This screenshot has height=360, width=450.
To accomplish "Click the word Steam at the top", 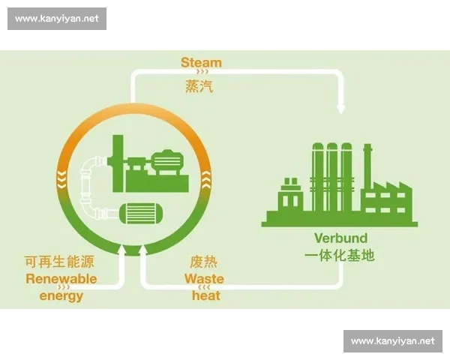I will [201, 62].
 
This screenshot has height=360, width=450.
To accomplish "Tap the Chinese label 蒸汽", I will [199, 87].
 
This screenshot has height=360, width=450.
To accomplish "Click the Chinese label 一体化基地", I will [339, 256].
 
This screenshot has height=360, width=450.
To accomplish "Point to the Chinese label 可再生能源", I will [61, 262].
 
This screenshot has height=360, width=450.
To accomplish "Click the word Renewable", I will [61, 279].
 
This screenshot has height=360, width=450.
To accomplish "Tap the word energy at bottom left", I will [61, 296].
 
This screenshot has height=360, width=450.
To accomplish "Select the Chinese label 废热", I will [203, 262].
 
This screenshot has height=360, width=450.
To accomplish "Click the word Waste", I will [204, 279].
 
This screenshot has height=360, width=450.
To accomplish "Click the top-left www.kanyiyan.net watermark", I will [57, 19].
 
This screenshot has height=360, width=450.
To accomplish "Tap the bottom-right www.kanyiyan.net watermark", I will [392, 340].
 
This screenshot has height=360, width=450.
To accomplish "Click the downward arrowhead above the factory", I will [341, 109].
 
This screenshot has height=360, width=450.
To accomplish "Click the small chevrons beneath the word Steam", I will [200, 73].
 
